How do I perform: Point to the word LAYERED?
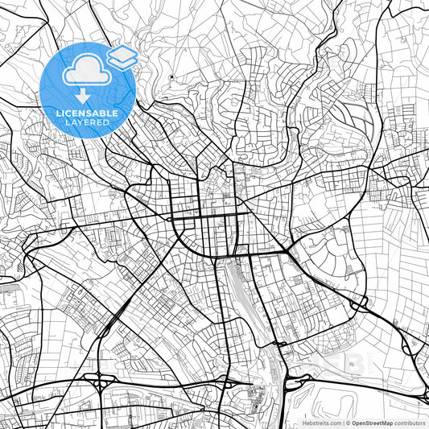point(89,123)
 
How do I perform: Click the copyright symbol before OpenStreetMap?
point(348,423)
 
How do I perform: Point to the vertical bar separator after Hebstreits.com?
point(342,423)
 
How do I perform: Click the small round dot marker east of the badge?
point(171,78)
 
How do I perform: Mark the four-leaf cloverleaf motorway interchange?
point(91,386)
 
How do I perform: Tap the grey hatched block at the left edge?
point(8,284)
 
